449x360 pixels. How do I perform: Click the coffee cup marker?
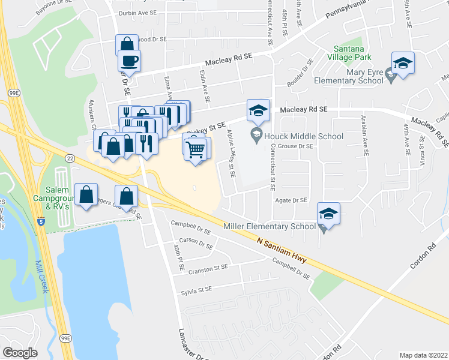(129, 61)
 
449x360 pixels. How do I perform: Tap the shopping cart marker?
(197, 149)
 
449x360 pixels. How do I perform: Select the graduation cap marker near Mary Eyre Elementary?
(403, 64)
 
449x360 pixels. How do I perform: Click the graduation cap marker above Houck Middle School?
(258, 111)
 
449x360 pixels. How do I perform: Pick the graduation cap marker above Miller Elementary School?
(328, 214)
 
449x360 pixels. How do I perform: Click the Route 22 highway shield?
(70, 158)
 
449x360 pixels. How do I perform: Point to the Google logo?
(20, 352)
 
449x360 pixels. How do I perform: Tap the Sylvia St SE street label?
(197, 289)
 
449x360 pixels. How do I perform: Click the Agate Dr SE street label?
(291, 200)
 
